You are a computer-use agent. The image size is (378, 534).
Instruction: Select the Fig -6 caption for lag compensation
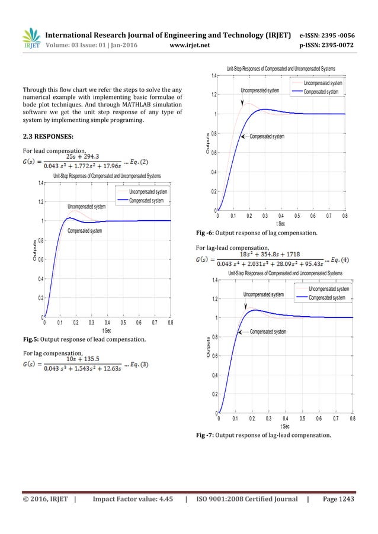(x=256, y=233)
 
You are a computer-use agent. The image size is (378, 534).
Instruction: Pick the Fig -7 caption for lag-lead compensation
(x=263, y=436)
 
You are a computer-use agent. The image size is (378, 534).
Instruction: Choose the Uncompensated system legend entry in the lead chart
(x=148, y=192)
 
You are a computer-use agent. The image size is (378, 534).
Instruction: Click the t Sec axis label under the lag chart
(x=281, y=224)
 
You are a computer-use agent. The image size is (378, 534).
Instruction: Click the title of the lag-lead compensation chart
(x=285, y=273)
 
